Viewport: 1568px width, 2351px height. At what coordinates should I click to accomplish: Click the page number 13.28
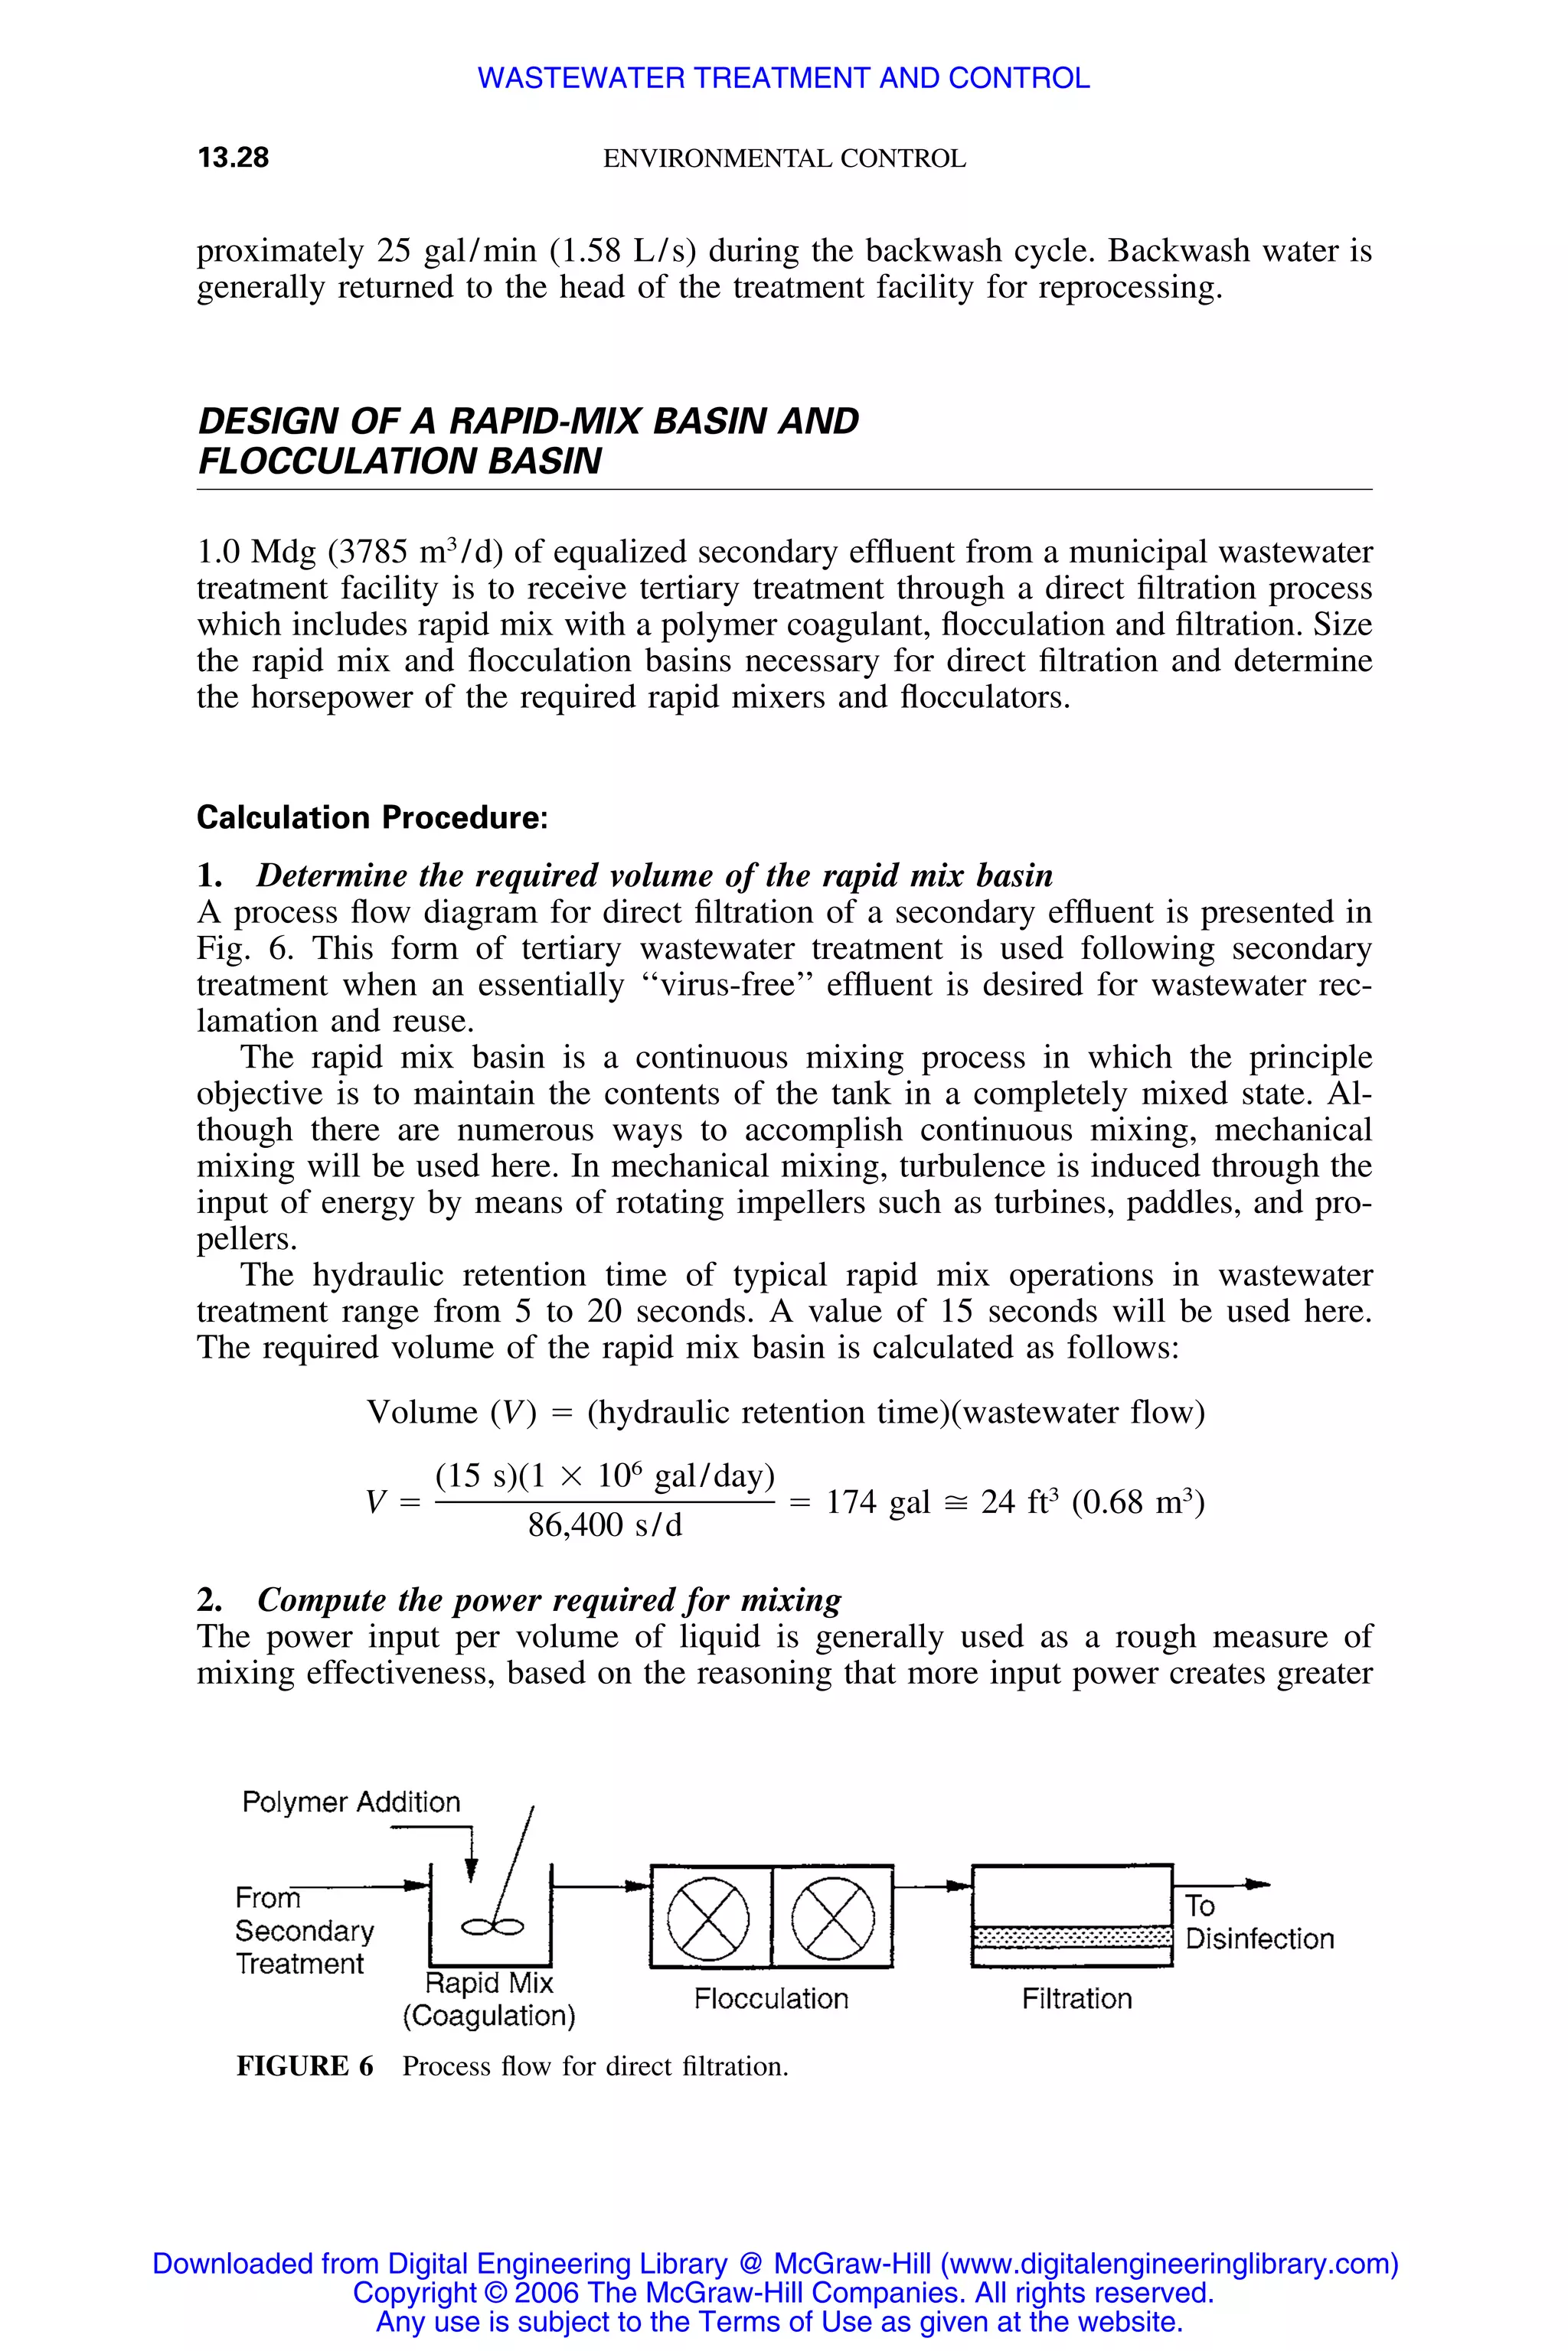pos(233,158)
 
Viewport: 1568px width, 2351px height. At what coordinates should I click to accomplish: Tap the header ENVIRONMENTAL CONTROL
pos(784,159)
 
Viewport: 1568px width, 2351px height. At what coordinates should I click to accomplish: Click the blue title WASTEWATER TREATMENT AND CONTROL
pos(783,78)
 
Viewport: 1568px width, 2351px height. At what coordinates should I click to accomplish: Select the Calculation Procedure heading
pos(372,817)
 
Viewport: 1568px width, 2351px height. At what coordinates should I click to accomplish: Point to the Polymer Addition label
pos(351,1802)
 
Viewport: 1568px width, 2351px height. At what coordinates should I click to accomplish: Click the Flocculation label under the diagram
pos(771,1999)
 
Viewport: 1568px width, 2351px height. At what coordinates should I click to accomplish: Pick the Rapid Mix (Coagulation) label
pos(489,1999)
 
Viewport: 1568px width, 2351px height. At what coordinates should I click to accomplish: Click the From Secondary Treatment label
pos(303,1930)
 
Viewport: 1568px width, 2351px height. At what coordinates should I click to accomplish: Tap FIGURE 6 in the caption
pos(305,2066)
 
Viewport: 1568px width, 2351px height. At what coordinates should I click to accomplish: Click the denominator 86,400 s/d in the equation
pos(605,1525)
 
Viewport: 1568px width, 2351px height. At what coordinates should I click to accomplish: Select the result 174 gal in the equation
pos(877,1502)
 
